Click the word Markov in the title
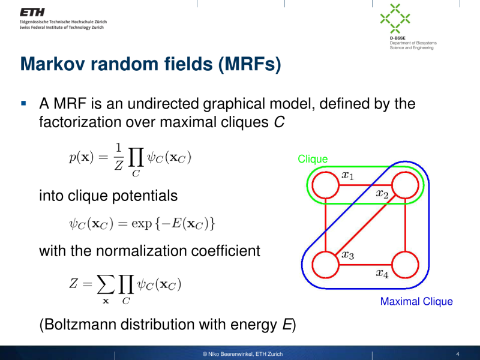pyautogui.click(x=53, y=64)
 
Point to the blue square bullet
pyautogui.click(x=24, y=103)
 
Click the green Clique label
pyautogui.click(x=313, y=159)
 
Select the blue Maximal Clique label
pyautogui.click(x=416, y=301)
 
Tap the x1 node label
pyautogui.click(x=347, y=176)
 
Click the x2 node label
pyautogui.click(x=382, y=193)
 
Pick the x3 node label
pyautogui.click(x=347, y=254)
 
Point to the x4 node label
pyautogui.click(x=382, y=273)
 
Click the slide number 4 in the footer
pyautogui.click(x=458, y=353)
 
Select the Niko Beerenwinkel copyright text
pyautogui.click(x=242, y=353)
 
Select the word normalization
pyautogui.click(x=136, y=250)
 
